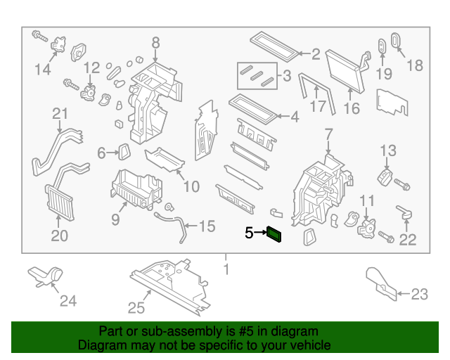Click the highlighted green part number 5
point(274,235)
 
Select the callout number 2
point(316,54)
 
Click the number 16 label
point(351,108)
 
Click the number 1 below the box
point(226,269)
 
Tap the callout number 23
point(419,295)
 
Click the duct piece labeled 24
point(46,276)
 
